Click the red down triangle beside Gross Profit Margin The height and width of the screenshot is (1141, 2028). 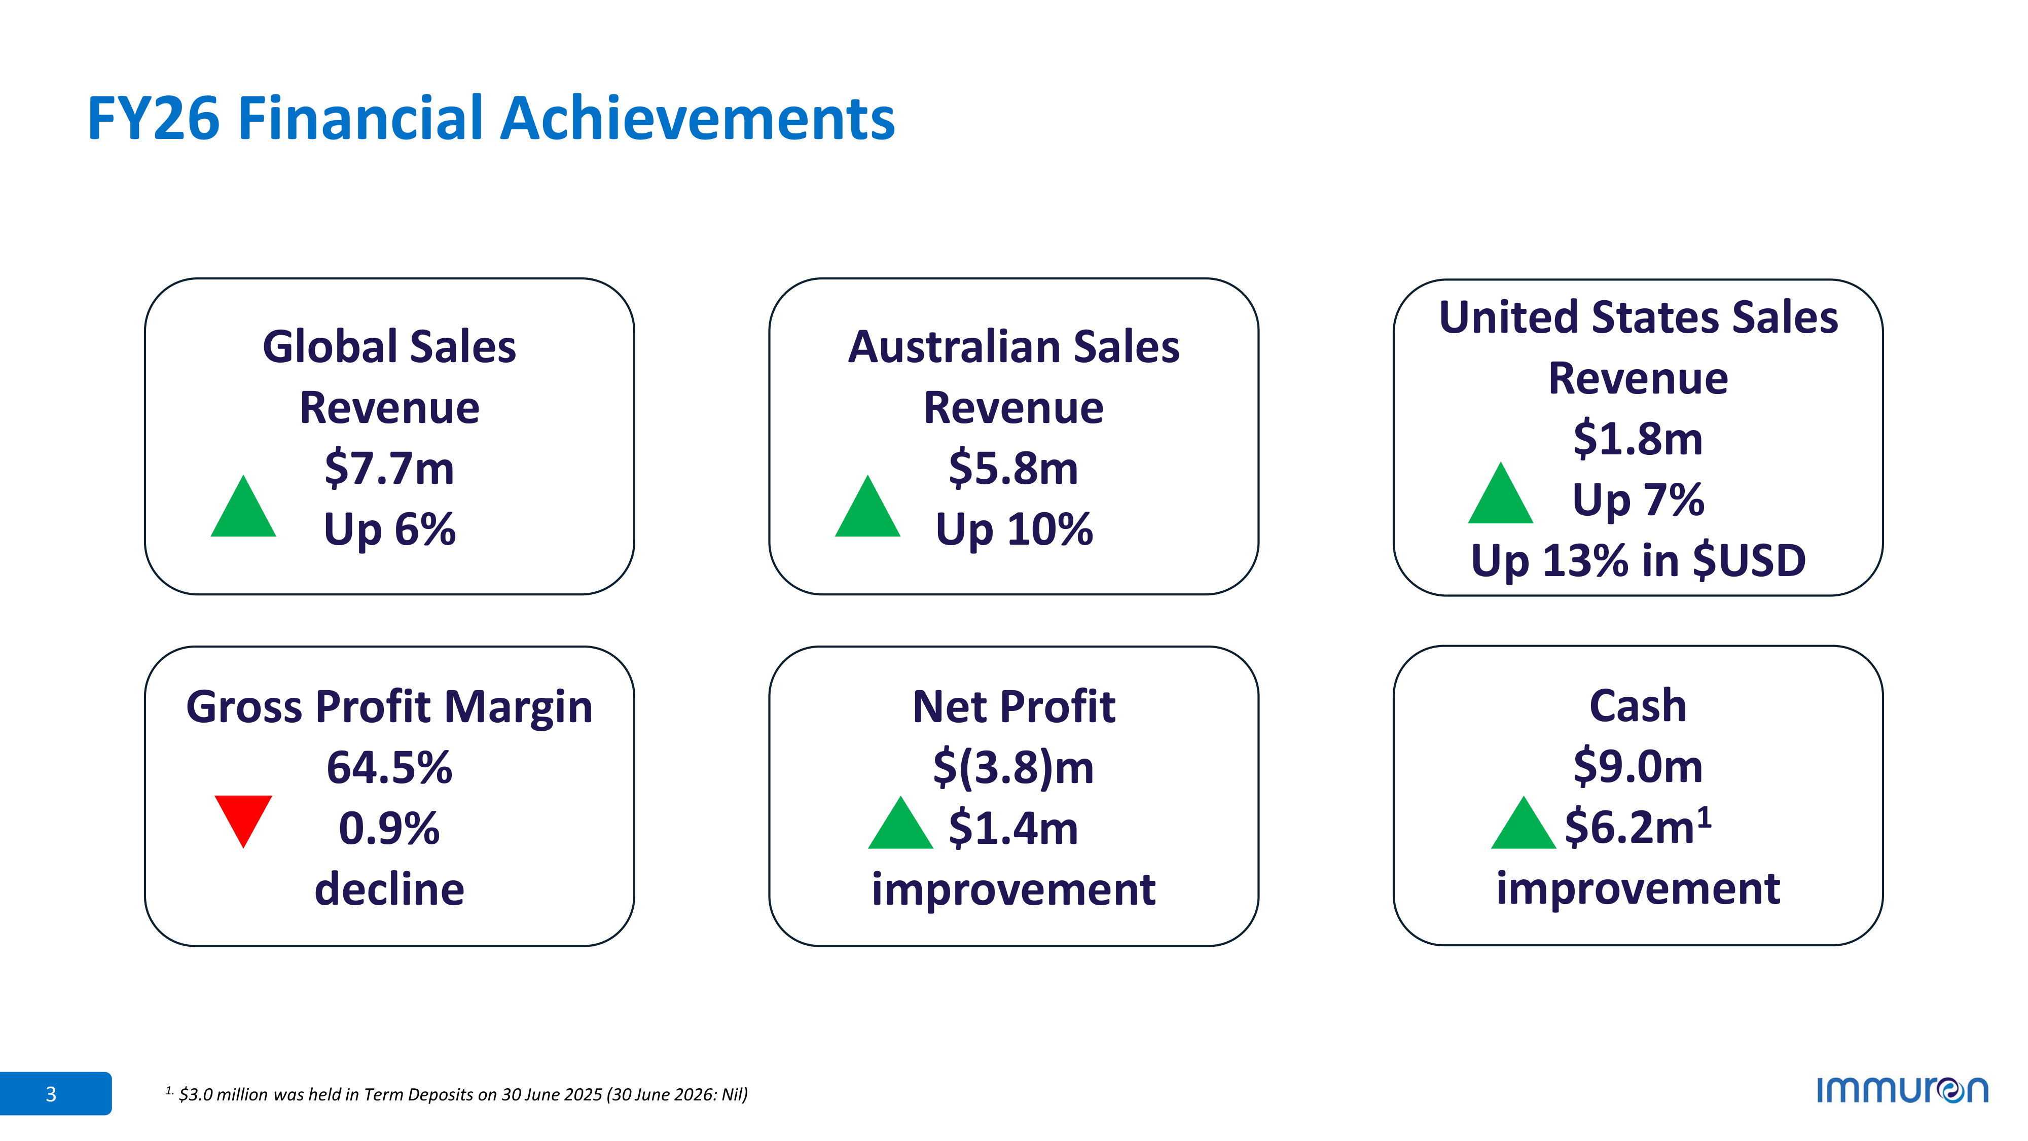pos(243,816)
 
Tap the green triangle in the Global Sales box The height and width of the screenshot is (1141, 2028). pos(243,510)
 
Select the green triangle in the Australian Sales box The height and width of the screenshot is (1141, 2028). pos(867,510)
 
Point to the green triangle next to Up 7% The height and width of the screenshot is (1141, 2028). pos(1501,497)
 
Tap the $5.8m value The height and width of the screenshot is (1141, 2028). pos(1013,469)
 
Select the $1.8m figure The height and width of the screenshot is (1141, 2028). pos(1638,439)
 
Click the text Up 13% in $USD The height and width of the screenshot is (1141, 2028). pos(1638,561)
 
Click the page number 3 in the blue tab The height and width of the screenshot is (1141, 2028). pos(51,1094)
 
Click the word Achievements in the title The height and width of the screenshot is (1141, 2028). pos(698,118)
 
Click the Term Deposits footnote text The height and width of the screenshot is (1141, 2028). pos(457,1094)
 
